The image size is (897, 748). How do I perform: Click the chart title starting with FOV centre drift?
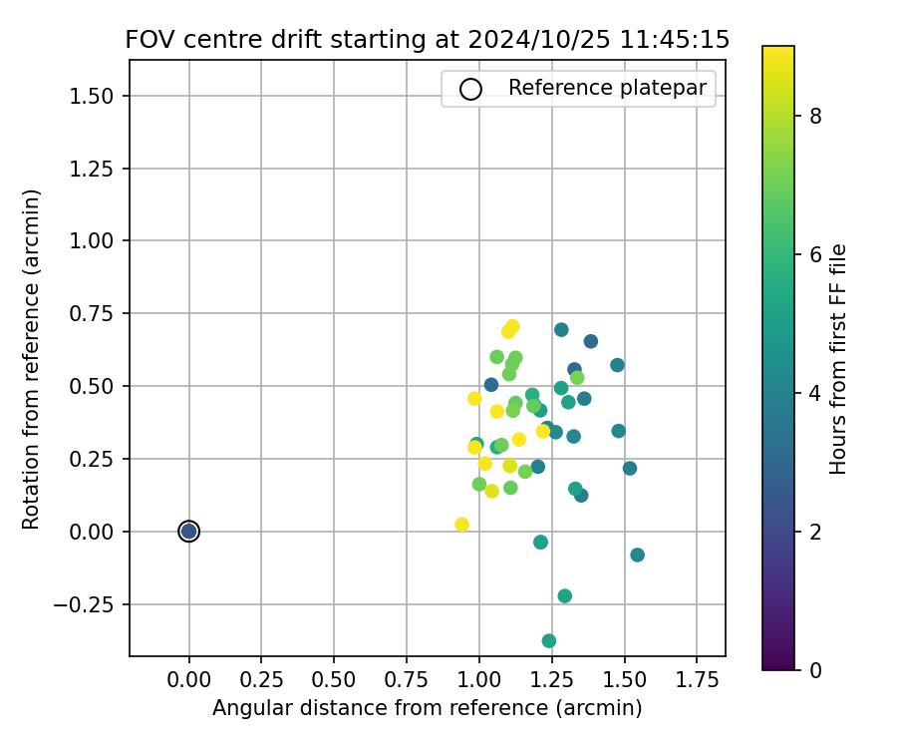point(427,40)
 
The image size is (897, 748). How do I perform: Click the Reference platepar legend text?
point(606,88)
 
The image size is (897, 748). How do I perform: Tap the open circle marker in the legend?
point(470,89)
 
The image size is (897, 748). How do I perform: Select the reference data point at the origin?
point(188,532)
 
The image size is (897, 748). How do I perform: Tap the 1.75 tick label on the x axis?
point(696,679)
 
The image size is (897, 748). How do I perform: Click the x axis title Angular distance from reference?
point(427,708)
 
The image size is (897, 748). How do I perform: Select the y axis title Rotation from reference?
point(32,359)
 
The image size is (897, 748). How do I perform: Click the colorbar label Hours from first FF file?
point(838,359)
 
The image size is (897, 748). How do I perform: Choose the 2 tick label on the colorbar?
point(815,532)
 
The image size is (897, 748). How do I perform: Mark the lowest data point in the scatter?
point(549,640)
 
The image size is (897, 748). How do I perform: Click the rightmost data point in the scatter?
point(637,555)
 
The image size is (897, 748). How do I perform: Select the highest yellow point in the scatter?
point(512,326)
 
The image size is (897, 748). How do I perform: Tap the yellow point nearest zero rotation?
point(461,525)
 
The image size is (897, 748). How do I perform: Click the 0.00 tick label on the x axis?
point(188,679)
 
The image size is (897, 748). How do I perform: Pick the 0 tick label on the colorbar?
point(815,670)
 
